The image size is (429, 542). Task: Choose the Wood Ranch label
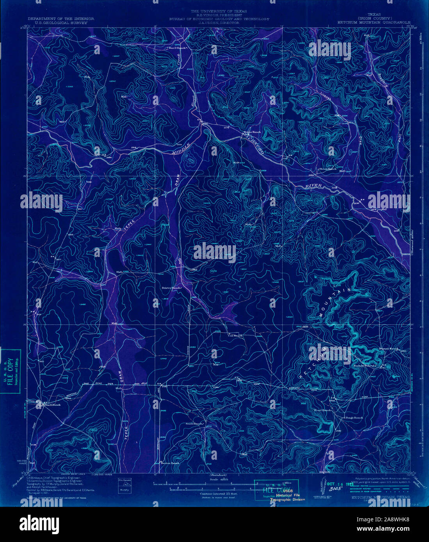click(323, 410)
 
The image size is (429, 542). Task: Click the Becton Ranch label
click(171, 463)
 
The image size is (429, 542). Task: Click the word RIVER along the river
click(314, 186)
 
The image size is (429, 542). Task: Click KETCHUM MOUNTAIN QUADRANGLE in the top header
click(374, 23)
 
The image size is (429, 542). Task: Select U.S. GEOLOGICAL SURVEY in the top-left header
click(57, 23)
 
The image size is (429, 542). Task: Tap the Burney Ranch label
click(388, 349)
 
